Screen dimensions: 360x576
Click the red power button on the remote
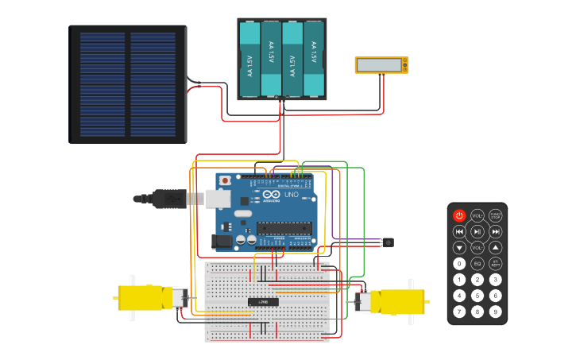[x=459, y=215]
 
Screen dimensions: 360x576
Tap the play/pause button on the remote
[x=477, y=231]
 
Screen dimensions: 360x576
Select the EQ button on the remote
[x=477, y=263]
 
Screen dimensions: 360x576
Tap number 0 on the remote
[x=459, y=263]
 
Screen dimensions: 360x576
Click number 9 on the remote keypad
[x=495, y=311]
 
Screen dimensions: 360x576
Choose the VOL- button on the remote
[x=477, y=247]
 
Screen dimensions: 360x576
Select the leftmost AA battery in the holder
[x=249, y=59]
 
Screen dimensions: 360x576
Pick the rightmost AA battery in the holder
[x=314, y=59]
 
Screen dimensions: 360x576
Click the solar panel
[x=128, y=84]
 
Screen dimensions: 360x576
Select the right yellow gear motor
[x=396, y=302]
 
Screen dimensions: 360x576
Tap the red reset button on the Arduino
[x=226, y=180]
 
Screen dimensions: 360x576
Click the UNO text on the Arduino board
[x=291, y=195]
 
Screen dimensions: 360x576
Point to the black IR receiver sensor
[x=388, y=242]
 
